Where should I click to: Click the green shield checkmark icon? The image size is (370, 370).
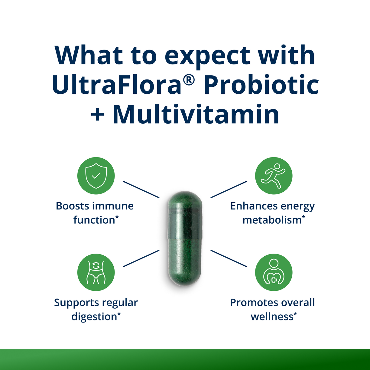96,176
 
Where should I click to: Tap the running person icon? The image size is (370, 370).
274,176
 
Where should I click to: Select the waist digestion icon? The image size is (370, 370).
96,272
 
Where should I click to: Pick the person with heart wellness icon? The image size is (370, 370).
274,272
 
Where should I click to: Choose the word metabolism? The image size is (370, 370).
272,220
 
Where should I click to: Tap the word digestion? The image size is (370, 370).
94,317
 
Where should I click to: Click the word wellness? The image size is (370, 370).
272,317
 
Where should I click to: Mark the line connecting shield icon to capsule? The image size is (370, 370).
141,190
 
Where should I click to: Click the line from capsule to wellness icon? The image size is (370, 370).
229,258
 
